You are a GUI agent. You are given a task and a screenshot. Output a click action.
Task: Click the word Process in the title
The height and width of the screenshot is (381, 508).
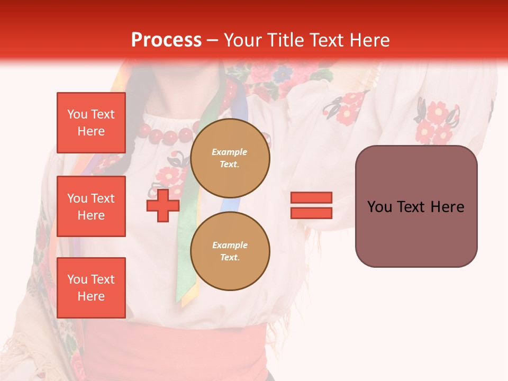166,40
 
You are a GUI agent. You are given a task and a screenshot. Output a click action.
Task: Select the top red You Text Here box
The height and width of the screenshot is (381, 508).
91,123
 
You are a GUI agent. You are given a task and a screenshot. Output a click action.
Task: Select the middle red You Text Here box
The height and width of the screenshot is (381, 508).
91,206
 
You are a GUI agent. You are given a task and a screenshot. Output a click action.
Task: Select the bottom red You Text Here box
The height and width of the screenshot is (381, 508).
91,288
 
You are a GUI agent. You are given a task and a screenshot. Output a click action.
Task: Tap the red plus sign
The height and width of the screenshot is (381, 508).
163,205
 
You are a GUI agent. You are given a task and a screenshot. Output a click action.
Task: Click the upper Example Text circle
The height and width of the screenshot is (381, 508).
230,158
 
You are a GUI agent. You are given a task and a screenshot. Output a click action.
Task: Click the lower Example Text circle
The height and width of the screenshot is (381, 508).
230,251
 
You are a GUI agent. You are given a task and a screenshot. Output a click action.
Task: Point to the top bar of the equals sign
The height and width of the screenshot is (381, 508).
311,197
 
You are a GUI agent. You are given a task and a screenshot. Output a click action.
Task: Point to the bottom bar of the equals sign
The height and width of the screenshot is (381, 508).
311,213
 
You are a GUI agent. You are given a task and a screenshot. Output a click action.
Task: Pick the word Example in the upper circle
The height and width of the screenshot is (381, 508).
230,152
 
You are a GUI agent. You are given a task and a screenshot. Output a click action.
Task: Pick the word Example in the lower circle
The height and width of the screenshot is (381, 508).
230,245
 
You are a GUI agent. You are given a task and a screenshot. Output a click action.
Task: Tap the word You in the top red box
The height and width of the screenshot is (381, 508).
77,114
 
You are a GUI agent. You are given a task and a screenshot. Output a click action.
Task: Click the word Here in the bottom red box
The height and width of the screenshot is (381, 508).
91,296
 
